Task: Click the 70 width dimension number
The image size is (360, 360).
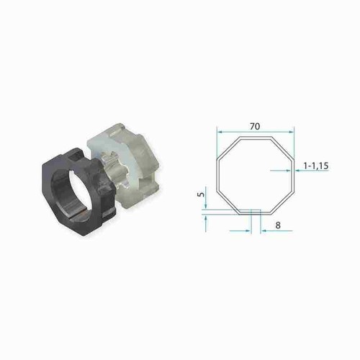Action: click(x=255, y=126)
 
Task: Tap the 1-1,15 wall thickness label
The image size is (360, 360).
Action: click(x=316, y=166)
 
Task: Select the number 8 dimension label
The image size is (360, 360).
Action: click(x=278, y=225)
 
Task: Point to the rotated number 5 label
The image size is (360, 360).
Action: click(x=202, y=194)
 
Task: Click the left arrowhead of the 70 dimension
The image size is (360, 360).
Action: click(x=220, y=132)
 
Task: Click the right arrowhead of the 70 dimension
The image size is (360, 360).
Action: click(x=292, y=132)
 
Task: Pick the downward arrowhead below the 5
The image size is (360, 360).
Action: click(x=206, y=206)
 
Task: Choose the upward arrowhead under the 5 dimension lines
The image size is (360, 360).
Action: click(x=206, y=217)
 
